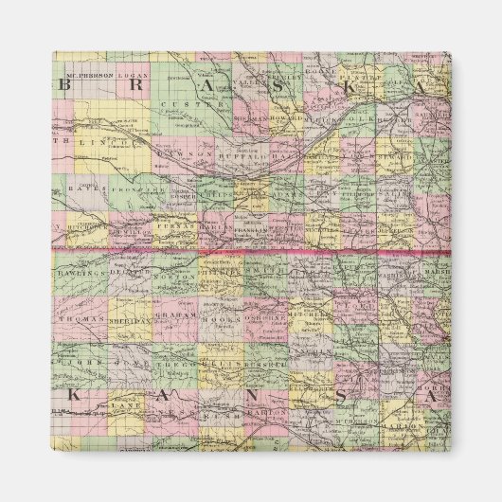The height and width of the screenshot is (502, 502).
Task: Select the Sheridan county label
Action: click(x=132, y=319)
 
